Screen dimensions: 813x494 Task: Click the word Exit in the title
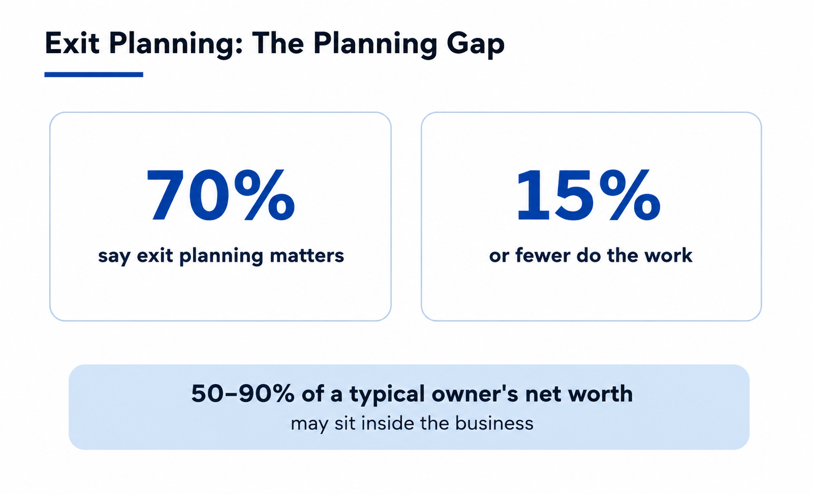(x=72, y=43)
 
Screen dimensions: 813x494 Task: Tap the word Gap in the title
(x=475, y=46)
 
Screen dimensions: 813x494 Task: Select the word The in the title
(x=278, y=43)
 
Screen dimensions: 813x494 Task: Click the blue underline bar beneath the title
(x=93, y=74)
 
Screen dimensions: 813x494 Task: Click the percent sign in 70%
(x=265, y=195)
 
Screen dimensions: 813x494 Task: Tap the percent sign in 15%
(x=630, y=195)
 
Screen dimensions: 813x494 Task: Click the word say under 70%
(x=114, y=257)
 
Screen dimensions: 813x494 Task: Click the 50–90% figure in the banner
(x=243, y=393)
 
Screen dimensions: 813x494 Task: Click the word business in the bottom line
(x=494, y=423)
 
